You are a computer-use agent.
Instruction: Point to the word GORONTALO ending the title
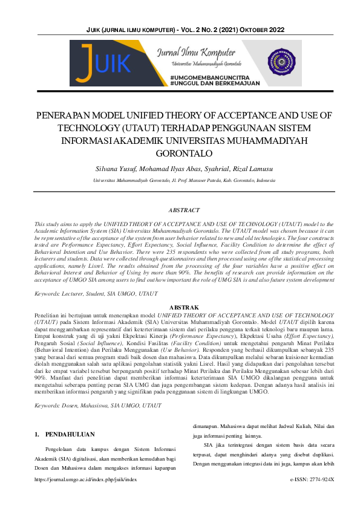(x=180, y=152)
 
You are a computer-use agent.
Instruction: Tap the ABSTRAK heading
(x=180, y=307)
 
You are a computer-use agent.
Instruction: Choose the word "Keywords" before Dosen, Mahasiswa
(x=50, y=389)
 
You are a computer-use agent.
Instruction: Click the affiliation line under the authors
(x=180, y=180)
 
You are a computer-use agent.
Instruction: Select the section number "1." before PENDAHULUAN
(x=37, y=417)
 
